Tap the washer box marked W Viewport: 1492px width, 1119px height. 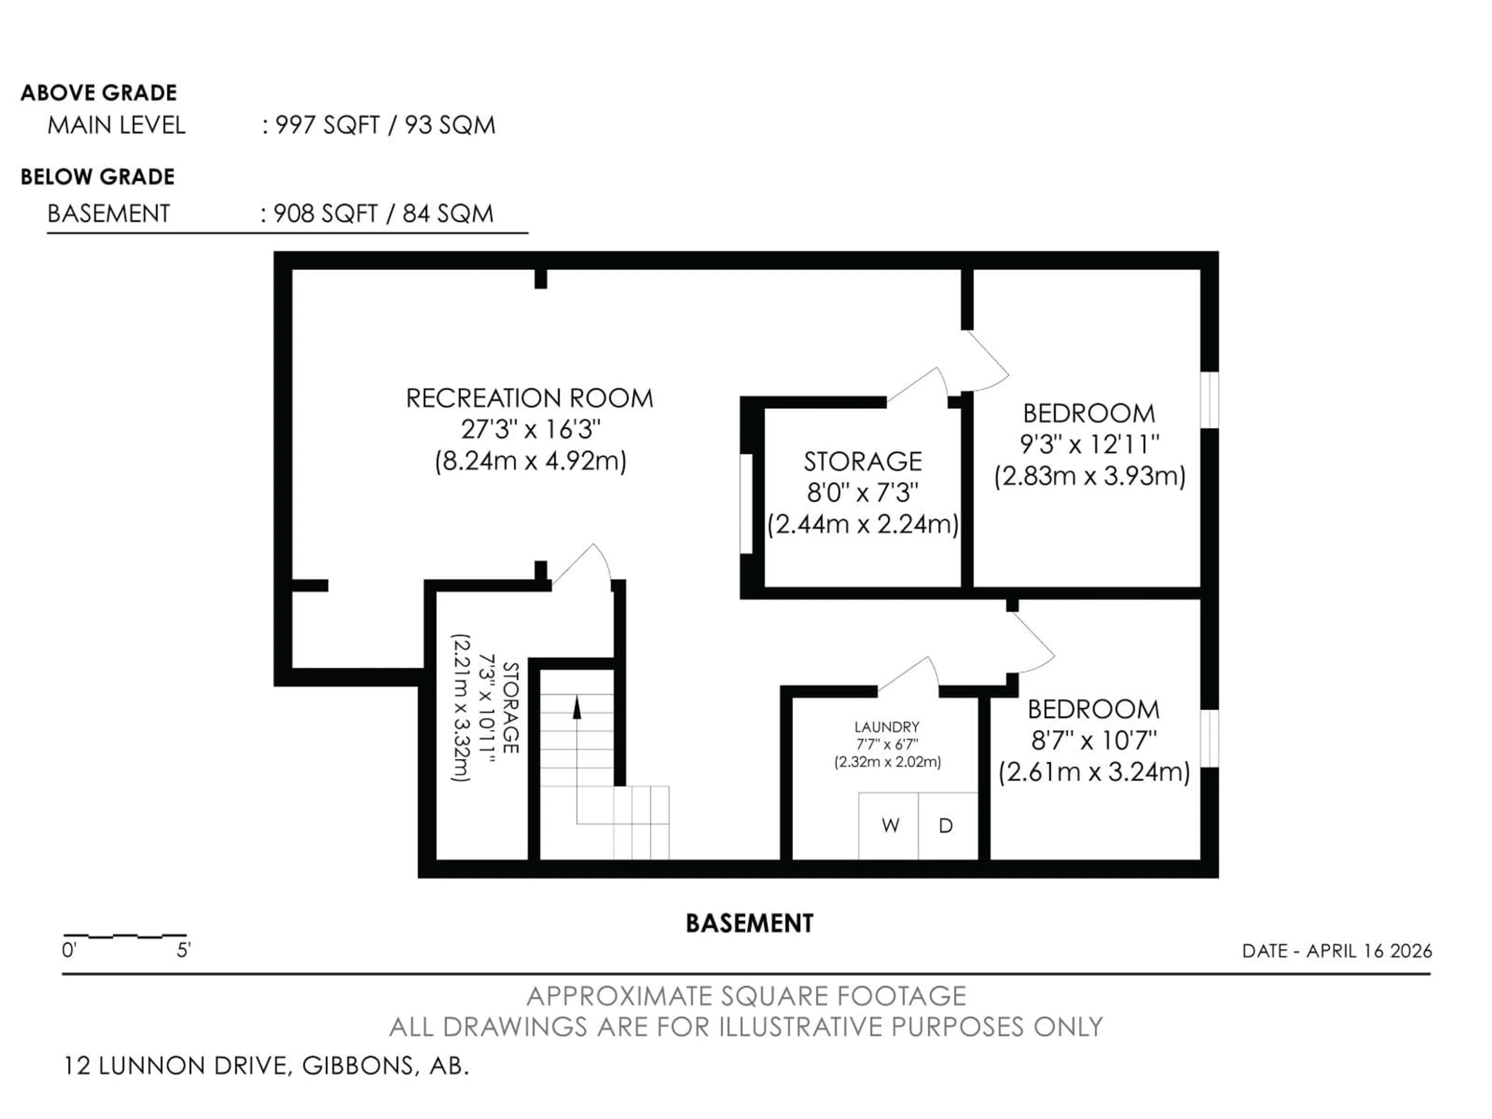(890, 826)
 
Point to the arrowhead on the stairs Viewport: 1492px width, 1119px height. (577, 709)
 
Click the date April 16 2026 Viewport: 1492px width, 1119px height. (1337, 951)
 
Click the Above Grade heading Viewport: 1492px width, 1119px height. (98, 92)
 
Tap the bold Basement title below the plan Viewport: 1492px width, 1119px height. (749, 924)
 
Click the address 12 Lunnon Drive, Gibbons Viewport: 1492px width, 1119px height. (266, 1066)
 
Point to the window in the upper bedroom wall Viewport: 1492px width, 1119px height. (1210, 399)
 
